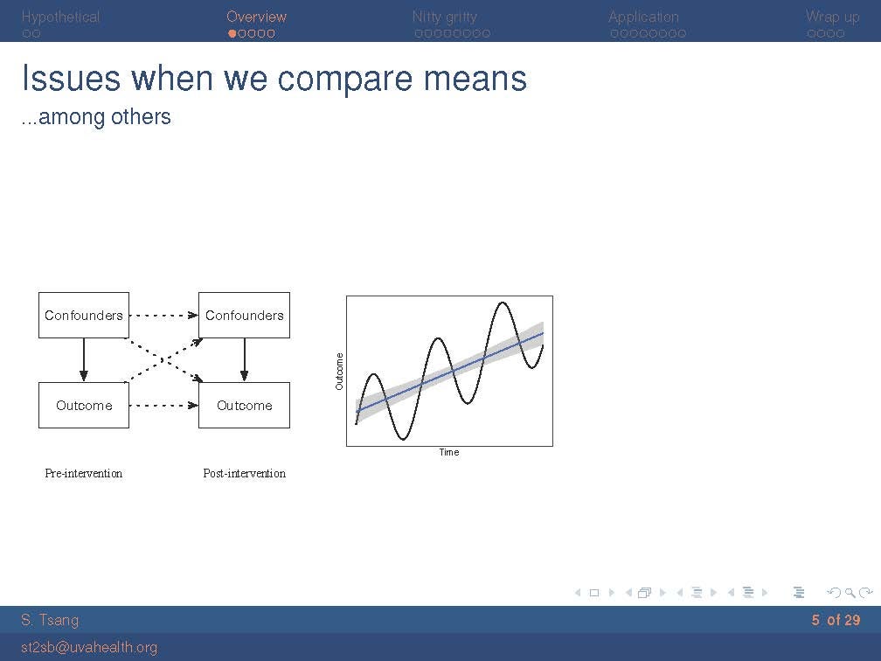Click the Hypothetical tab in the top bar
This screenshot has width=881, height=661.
coord(60,17)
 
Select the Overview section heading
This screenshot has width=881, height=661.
coord(256,17)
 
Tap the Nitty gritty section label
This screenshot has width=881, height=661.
coord(444,17)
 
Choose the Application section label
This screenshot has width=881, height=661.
coord(643,17)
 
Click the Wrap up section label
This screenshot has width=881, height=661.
coord(833,17)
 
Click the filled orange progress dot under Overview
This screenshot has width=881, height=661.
coord(232,34)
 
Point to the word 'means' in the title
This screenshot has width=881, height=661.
coord(475,79)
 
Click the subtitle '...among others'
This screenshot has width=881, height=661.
coord(96,117)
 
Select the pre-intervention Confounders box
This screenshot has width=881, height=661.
coord(84,316)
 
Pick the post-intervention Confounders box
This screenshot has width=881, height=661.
coord(245,316)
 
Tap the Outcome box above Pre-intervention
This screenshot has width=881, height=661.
coord(84,406)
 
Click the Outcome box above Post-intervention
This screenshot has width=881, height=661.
coord(245,406)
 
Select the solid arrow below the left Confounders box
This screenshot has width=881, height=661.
coord(84,360)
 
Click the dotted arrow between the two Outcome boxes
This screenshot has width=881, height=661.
coord(163,406)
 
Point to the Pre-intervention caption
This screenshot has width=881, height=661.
coord(84,473)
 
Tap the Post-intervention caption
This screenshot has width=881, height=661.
coord(245,473)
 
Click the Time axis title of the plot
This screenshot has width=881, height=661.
coord(449,452)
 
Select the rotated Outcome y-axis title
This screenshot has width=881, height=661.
coord(339,372)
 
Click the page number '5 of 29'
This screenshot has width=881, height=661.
coord(836,620)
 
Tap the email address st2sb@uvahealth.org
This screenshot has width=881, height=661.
coord(89,648)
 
